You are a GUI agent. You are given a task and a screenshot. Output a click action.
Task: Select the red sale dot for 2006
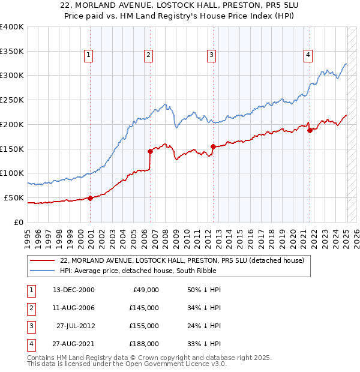pos(150,151)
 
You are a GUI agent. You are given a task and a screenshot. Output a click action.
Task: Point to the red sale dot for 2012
pos(213,146)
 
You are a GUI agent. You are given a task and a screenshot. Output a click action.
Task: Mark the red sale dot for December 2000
pos(90,198)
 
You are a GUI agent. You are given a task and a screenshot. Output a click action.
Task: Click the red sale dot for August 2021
pos(310,130)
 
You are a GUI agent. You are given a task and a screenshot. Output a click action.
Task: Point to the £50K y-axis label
pos(14,197)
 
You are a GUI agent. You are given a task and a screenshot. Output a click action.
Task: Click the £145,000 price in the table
pos(145,308)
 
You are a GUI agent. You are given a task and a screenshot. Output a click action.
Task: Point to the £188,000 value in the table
pos(145,344)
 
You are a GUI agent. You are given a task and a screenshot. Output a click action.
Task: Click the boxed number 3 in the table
pos(31,326)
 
